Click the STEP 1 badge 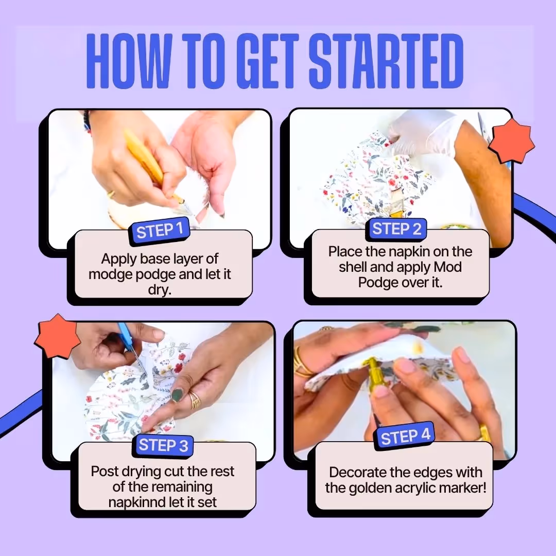(x=160, y=231)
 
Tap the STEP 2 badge (x=396, y=229)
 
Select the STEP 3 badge (x=163, y=445)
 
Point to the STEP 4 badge (x=405, y=437)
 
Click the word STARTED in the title (x=386, y=61)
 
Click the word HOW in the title (x=129, y=61)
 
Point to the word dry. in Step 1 (x=160, y=290)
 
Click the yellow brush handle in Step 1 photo (x=144, y=157)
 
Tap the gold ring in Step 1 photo (x=111, y=194)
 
